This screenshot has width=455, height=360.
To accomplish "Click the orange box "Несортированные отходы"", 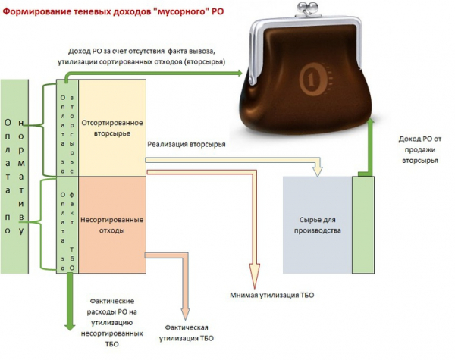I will coord(111,224).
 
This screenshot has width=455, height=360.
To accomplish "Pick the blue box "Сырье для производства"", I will coord(317,224).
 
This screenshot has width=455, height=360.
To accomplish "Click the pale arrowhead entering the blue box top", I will coord(317,167).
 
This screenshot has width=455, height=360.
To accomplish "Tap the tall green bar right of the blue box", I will coord(363,224).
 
